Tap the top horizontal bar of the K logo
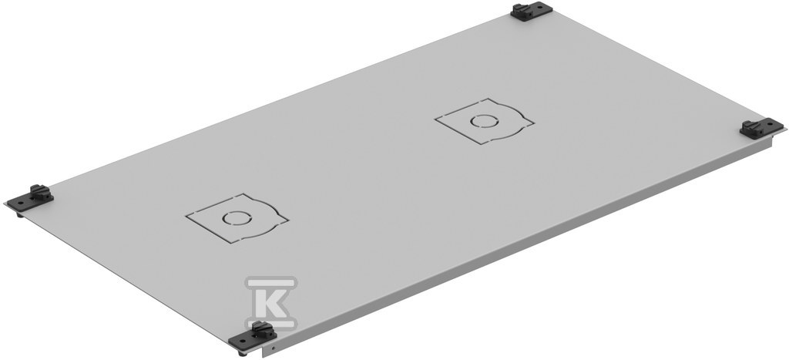[x=271, y=282]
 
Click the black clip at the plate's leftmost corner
[x=30, y=198]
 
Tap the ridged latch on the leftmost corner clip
[x=39, y=191]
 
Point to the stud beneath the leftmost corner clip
[x=19, y=214]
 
